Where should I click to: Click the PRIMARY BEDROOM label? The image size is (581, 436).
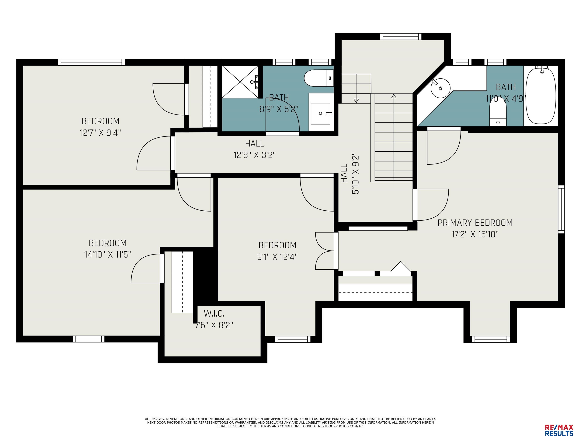pos(475,223)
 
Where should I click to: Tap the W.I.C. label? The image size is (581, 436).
pos(214,314)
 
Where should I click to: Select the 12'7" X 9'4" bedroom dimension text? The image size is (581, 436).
pos(100,133)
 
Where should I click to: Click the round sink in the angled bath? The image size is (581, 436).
pos(440,87)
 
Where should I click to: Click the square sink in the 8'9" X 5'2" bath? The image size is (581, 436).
pos(320,114)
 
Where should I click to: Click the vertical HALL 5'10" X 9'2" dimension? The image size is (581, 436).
pos(350,174)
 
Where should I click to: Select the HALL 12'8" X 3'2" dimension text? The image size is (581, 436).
pos(255,149)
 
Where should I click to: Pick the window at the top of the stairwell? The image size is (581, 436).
pos(401,37)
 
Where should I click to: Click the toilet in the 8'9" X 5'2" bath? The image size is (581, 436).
pos(319,78)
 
